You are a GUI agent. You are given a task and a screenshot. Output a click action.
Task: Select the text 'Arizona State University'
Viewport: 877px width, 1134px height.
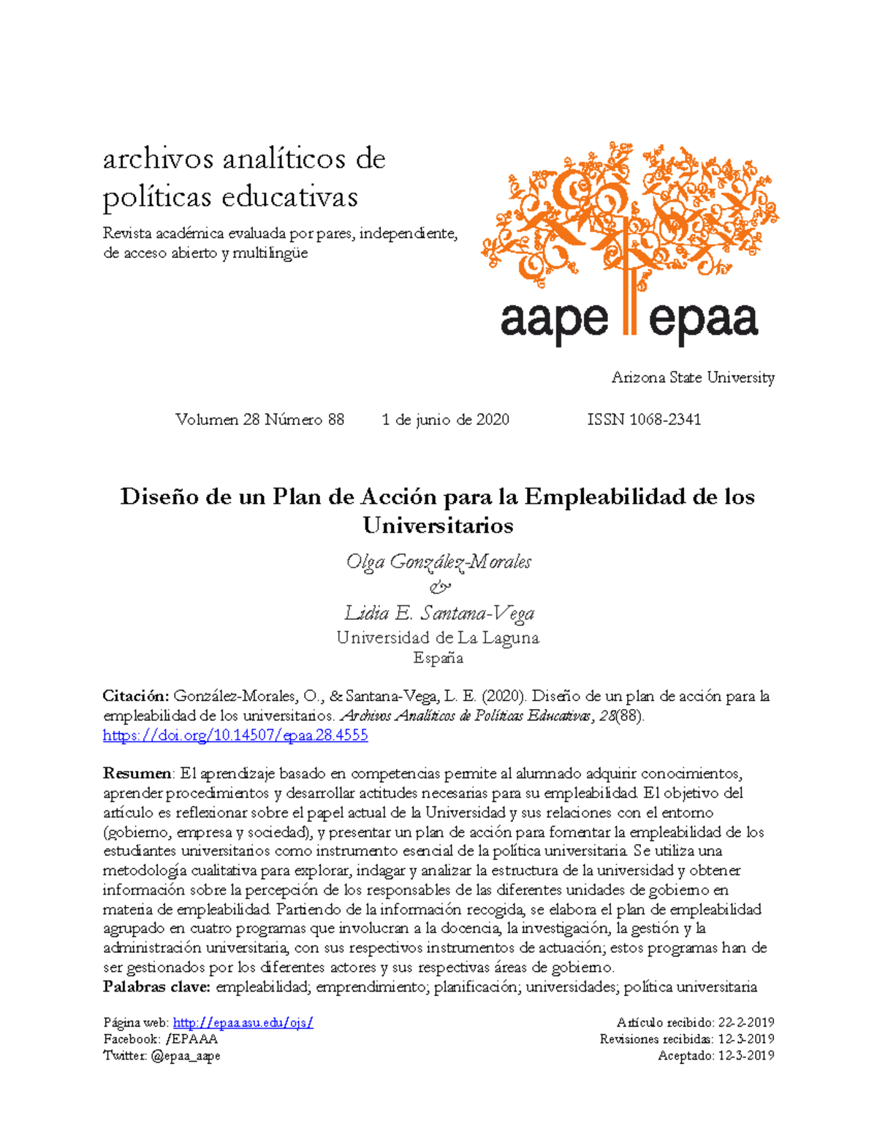[692, 378]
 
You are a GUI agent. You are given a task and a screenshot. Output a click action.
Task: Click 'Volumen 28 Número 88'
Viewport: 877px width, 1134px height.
[259, 420]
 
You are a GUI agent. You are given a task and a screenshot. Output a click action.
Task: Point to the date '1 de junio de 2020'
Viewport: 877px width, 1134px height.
[445, 420]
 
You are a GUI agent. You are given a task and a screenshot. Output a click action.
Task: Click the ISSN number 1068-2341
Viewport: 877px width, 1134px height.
[644, 420]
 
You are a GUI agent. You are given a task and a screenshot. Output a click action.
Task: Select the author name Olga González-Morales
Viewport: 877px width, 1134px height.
[438, 562]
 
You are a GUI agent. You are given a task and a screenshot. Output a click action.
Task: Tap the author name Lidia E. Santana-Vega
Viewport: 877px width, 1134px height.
[439, 613]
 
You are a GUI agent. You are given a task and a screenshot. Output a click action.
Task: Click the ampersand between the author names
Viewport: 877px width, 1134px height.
[439, 587]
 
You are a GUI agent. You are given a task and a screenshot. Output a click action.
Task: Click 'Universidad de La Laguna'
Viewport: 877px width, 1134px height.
[438, 637]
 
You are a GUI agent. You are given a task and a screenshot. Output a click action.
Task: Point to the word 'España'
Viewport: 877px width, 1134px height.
[438, 658]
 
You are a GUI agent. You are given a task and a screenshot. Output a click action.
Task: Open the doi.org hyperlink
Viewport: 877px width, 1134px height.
[235, 735]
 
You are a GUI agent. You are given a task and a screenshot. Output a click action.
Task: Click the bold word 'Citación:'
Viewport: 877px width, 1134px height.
[136, 696]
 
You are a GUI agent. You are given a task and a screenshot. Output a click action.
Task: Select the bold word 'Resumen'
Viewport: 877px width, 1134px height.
[137, 773]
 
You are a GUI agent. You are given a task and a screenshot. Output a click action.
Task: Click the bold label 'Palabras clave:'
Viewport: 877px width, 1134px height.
[156, 987]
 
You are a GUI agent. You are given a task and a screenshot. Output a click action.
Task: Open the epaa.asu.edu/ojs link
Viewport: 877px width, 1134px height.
[243, 1022]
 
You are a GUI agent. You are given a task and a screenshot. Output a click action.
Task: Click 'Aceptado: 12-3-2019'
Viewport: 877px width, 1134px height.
[715, 1056]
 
